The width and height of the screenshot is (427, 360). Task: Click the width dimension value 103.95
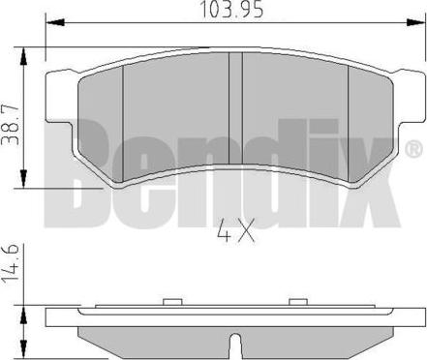click(231, 10)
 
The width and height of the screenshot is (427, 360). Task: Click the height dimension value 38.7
click(10, 125)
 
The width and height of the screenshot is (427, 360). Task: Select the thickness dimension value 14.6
click(10, 265)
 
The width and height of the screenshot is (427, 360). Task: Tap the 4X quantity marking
click(236, 230)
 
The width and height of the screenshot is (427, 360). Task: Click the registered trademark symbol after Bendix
click(413, 150)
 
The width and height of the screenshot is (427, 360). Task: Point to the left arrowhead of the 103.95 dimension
click(55, 23)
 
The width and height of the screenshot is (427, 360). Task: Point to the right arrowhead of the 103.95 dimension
click(415, 23)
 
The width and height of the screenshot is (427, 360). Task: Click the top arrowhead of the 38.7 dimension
click(23, 57)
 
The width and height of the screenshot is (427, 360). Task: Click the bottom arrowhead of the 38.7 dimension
click(23, 178)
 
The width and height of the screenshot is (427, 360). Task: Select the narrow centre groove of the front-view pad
click(235, 108)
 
